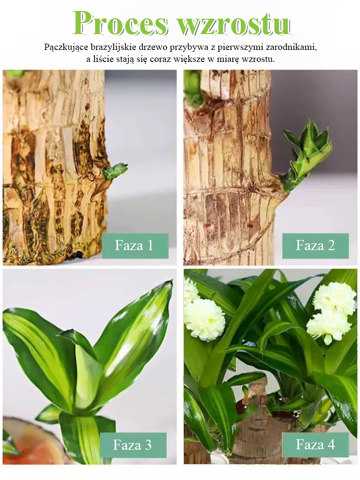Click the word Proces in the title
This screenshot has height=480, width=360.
pos(120,24)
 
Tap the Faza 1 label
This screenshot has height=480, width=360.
pos(135,246)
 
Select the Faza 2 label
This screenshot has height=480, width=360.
pos(315,246)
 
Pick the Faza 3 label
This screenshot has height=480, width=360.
pos(133,445)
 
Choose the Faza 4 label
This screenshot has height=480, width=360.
pos(315,445)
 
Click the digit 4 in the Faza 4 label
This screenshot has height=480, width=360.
pos(331,444)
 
